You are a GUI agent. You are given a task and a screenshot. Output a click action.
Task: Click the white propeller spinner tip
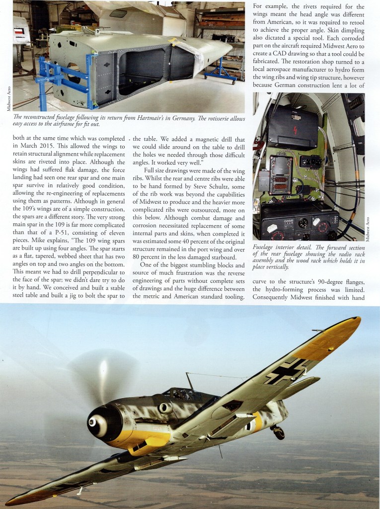click(x=92, y=421)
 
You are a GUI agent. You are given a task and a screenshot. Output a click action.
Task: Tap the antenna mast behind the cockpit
click(x=189, y=381)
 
